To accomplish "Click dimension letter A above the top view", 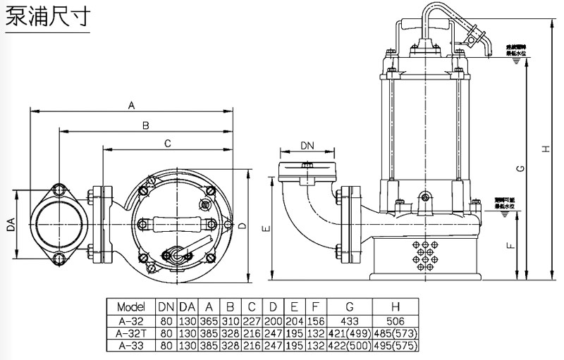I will click(130, 105).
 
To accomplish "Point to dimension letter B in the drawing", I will click(145, 125).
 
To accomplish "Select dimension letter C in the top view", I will click(167, 144).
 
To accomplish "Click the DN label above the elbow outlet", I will click(307, 145).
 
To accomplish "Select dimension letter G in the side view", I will click(520, 169).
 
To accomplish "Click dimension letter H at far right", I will click(546, 148).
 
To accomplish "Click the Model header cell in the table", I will click(130, 307).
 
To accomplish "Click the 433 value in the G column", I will click(350, 320).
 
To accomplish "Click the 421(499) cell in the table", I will click(350, 333).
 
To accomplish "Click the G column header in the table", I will click(350, 307).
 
